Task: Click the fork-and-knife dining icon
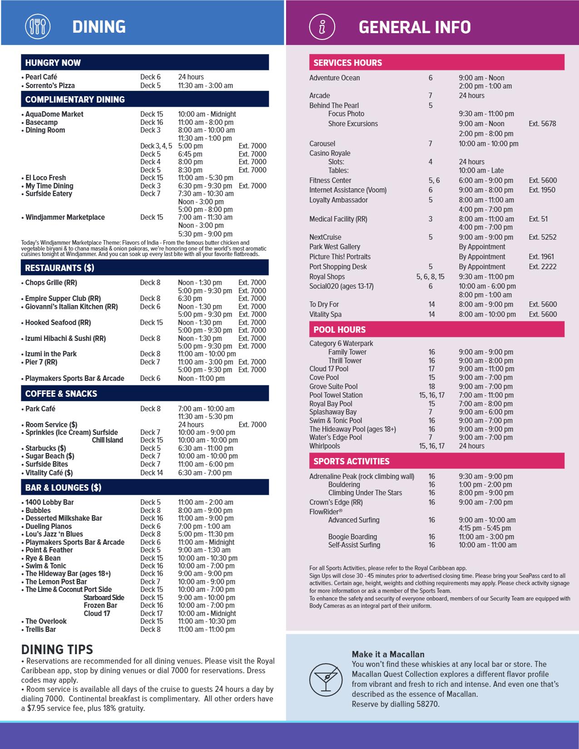pyautogui.click(x=37, y=26)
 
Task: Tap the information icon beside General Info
pyautogui.click(x=322, y=26)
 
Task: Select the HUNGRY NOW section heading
pyautogui.click(x=53, y=63)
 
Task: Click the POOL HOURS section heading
pyautogui.click(x=339, y=330)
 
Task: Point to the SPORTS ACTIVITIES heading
pyautogui.click(x=351, y=461)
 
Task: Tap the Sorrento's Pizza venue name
pyautogui.click(x=50, y=85)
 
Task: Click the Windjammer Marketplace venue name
pyautogui.click(x=65, y=217)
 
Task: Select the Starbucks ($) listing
pyautogui.click(x=45, y=448)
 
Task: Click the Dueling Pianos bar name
pyautogui.click(x=49, y=526)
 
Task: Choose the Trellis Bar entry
pyautogui.click(x=40, y=629)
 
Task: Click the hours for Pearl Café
pyautogui.click(x=191, y=77)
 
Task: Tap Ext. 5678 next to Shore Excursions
pyautogui.click(x=542, y=123)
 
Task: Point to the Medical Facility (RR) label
pyautogui.click(x=338, y=219)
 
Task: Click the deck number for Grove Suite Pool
pyautogui.click(x=431, y=386)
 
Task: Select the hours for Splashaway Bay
pyautogui.click(x=485, y=412)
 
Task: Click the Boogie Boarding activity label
pyautogui.click(x=352, y=537)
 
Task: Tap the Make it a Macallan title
pyautogui.click(x=388, y=654)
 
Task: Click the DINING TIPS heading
pyautogui.click(x=57, y=649)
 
